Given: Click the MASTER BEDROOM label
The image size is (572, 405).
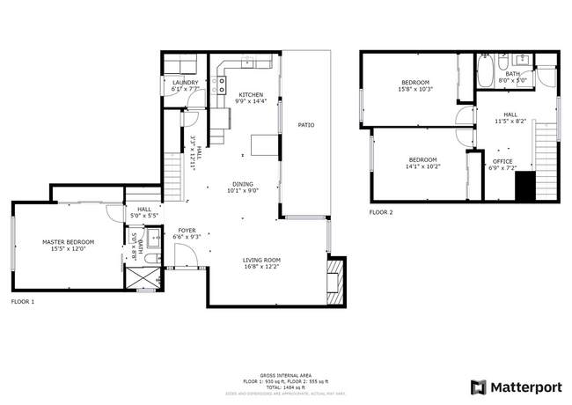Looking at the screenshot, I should click(x=68, y=241).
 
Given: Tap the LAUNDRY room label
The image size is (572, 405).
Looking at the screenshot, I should click(x=185, y=82).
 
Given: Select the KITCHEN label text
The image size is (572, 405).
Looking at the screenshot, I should click(x=251, y=94).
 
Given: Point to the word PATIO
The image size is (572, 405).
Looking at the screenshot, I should click(x=305, y=125).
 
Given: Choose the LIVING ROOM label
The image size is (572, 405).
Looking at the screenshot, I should click(x=261, y=260).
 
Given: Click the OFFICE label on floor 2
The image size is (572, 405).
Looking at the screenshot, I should click(x=502, y=161).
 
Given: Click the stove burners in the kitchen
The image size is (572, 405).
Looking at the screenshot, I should click(x=222, y=85).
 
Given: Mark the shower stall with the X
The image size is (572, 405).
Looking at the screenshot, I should click(x=141, y=281).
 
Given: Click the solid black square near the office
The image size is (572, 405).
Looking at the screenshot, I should click(x=525, y=186).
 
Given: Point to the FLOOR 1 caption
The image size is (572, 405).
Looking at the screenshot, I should click(x=22, y=301).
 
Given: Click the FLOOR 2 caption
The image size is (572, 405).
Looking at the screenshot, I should click(x=380, y=212).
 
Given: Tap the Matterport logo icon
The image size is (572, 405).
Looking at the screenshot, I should click(x=478, y=387).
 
